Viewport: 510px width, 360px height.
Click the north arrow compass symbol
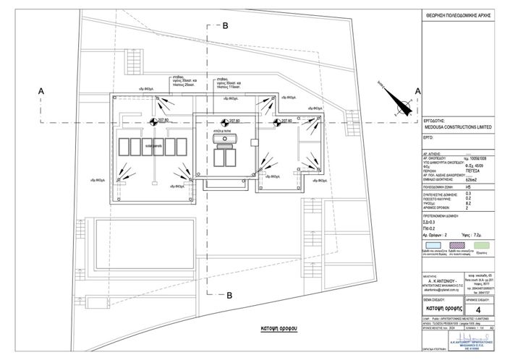point(399,106)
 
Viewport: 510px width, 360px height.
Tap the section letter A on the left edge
point(42,90)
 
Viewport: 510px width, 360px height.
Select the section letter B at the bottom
point(229,295)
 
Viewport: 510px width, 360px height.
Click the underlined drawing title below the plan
point(260,327)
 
